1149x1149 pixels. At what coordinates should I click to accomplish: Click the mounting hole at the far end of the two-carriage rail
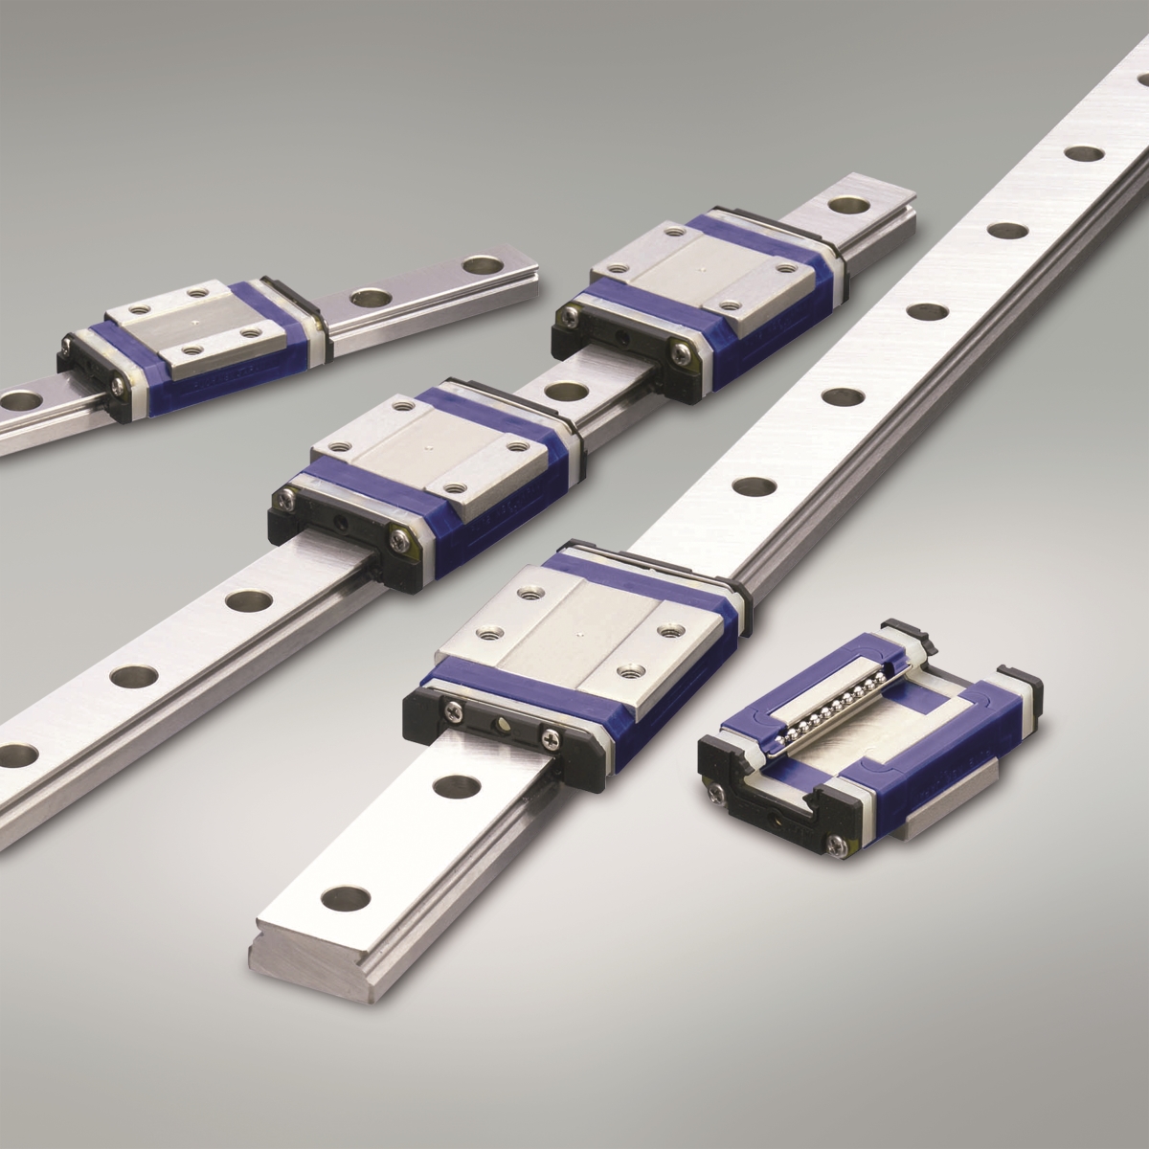click(x=845, y=204)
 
